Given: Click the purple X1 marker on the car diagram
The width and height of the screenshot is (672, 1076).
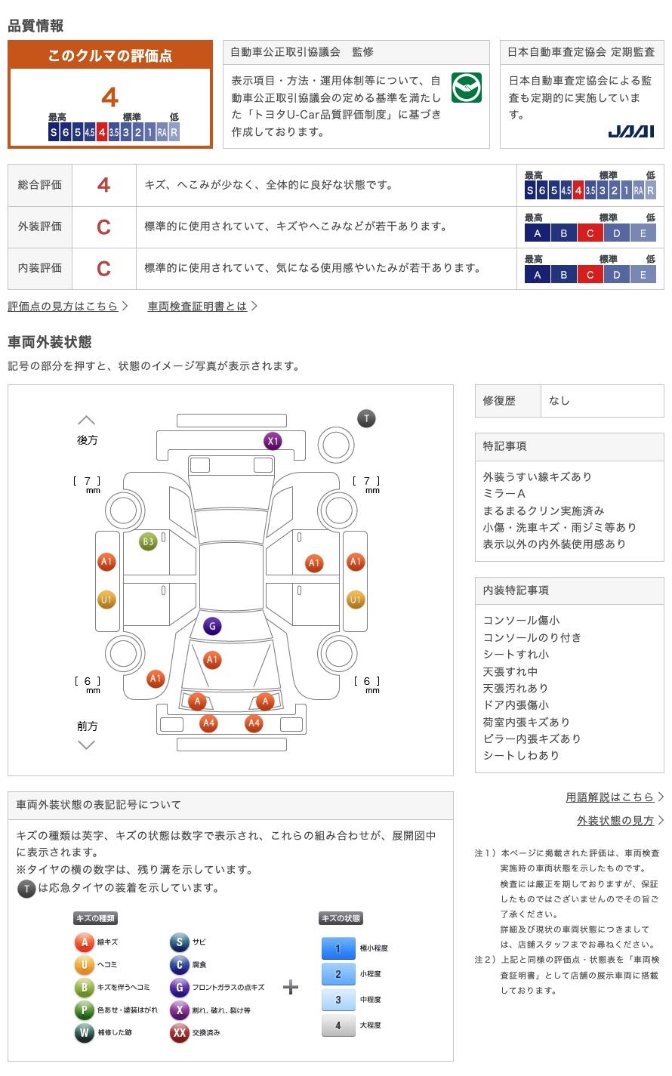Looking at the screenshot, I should tap(273, 441).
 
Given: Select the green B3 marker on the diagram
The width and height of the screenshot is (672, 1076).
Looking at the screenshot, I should tap(148, 541).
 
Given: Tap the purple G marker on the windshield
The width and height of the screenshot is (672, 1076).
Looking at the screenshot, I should tap(212, 626).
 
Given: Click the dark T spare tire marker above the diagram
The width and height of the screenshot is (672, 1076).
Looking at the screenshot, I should tap(366, 418).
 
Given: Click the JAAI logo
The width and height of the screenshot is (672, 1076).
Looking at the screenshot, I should tap(630, 131).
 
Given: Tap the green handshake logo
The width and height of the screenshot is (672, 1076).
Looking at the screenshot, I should tap(467, 88).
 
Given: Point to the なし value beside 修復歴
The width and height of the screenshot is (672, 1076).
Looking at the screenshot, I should tap(559, 401).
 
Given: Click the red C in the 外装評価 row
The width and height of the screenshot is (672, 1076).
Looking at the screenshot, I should tap(104, 227).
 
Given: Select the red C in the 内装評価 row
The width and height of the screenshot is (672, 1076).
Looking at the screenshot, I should tap(104, 268).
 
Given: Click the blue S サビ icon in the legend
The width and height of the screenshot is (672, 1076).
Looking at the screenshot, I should tap(179, 942).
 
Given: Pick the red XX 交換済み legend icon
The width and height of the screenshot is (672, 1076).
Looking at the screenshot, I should tap(179, 1032).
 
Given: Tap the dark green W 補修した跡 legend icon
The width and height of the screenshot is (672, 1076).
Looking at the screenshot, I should tap(84, 1032).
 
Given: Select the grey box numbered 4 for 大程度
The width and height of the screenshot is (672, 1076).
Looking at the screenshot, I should tap(338, 1025).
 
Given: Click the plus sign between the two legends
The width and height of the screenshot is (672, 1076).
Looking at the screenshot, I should tap(291, 987).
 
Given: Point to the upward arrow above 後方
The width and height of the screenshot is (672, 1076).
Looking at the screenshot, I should tap(87, 420).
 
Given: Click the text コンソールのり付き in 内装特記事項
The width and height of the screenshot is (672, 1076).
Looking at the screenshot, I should tap(532, 637).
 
